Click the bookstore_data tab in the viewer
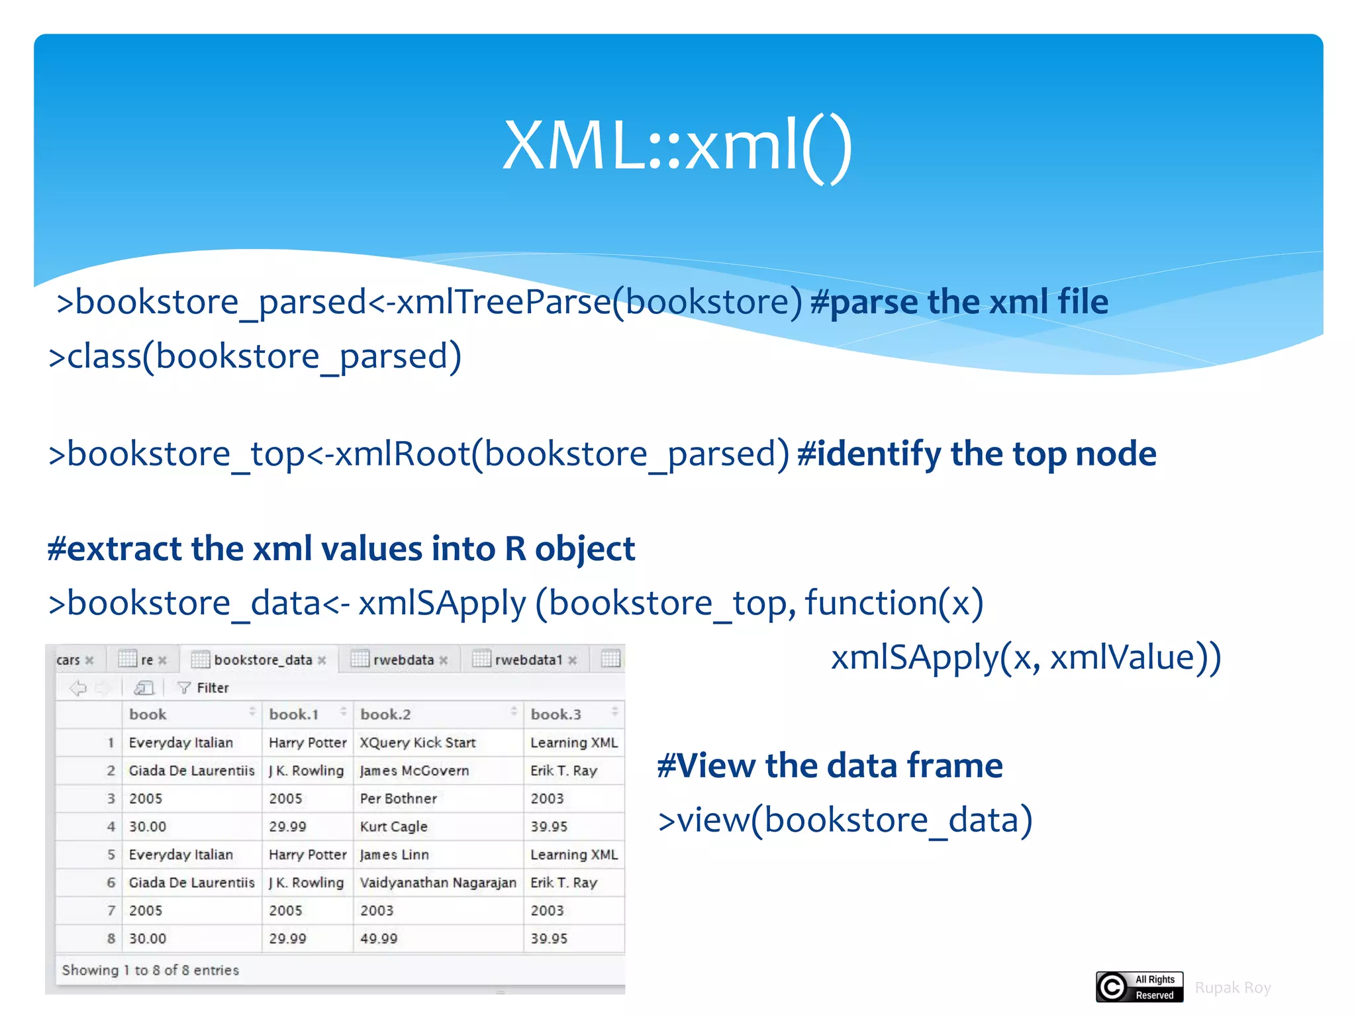pos(262,659)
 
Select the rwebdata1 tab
pos(528,659)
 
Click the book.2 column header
pos(385,714)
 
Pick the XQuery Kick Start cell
pos(417,743)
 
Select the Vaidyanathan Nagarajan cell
pos(438,883)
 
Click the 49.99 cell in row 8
pos(379,938)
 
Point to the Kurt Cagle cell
pos(393,826)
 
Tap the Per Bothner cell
pos(398,799)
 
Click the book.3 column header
pos(556,714)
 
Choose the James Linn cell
pos(394,855)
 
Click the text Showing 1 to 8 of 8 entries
pos(150,970)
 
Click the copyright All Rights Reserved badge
pos(1139,987)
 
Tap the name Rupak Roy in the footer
pos(1232,987)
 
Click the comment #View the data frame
pos(830,765)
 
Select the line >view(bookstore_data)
pos(845,820)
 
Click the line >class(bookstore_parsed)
pos(255,356)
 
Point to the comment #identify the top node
pos(977,454)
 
